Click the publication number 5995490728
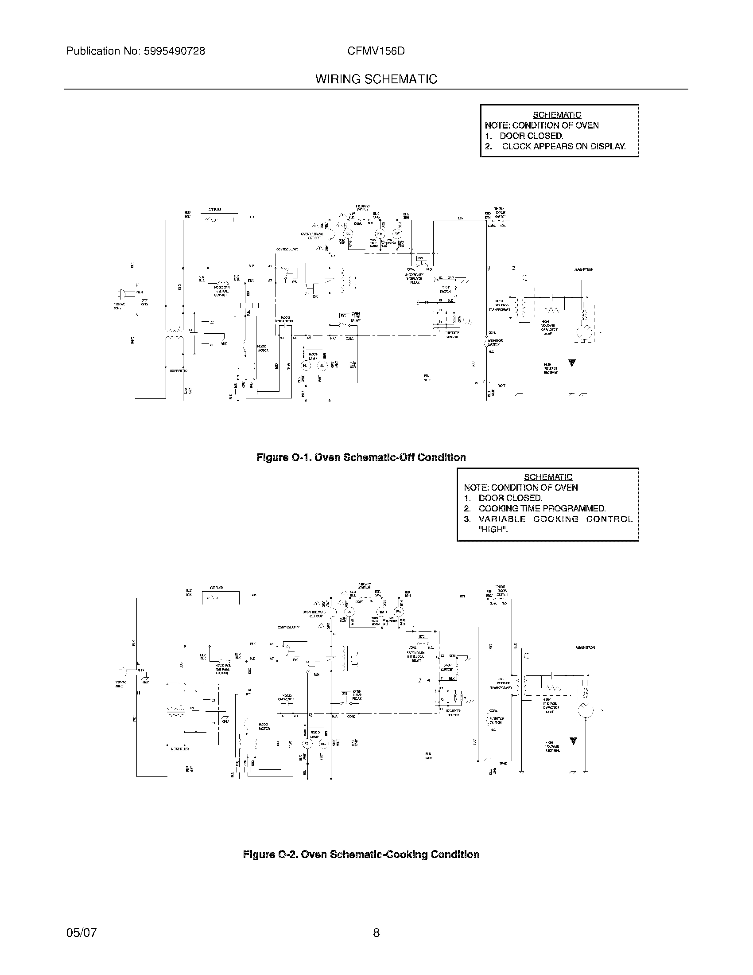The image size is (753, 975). [174, 51]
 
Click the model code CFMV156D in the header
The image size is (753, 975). [376, 51]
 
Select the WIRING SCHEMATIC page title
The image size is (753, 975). [376, 79]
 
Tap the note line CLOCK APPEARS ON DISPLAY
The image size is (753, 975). [563, 146]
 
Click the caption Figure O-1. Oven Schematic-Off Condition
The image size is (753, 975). [361, 457]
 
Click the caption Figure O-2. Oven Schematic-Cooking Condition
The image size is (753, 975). [361, 854]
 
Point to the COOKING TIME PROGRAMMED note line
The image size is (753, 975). [542, 508]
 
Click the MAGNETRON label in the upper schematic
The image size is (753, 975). [583, 269]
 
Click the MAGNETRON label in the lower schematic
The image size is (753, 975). [585, 647]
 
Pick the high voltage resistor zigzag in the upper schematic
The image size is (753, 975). [552, 309]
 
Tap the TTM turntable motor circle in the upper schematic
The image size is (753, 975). [379, 234]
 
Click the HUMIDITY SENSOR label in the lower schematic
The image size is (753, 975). [453, 713]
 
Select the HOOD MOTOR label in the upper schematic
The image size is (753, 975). [262, 348]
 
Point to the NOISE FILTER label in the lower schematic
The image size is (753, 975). [180, 749]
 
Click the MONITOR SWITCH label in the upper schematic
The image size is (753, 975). [495, 343]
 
